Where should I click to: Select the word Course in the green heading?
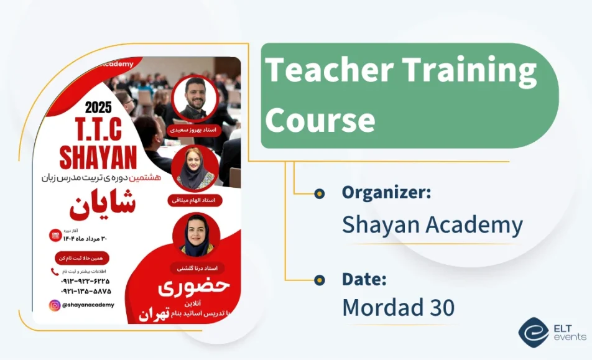320,119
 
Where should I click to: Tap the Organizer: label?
386,193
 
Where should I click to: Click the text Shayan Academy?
432,224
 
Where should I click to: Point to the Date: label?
364,279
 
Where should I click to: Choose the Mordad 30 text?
398,307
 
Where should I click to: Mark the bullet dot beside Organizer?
320,193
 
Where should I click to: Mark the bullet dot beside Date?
320,280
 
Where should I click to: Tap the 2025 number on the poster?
98,107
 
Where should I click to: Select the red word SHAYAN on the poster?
98,157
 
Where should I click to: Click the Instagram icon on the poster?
55,305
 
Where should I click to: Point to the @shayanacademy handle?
88,305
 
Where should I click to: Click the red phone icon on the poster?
55,272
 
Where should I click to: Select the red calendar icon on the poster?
55,236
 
